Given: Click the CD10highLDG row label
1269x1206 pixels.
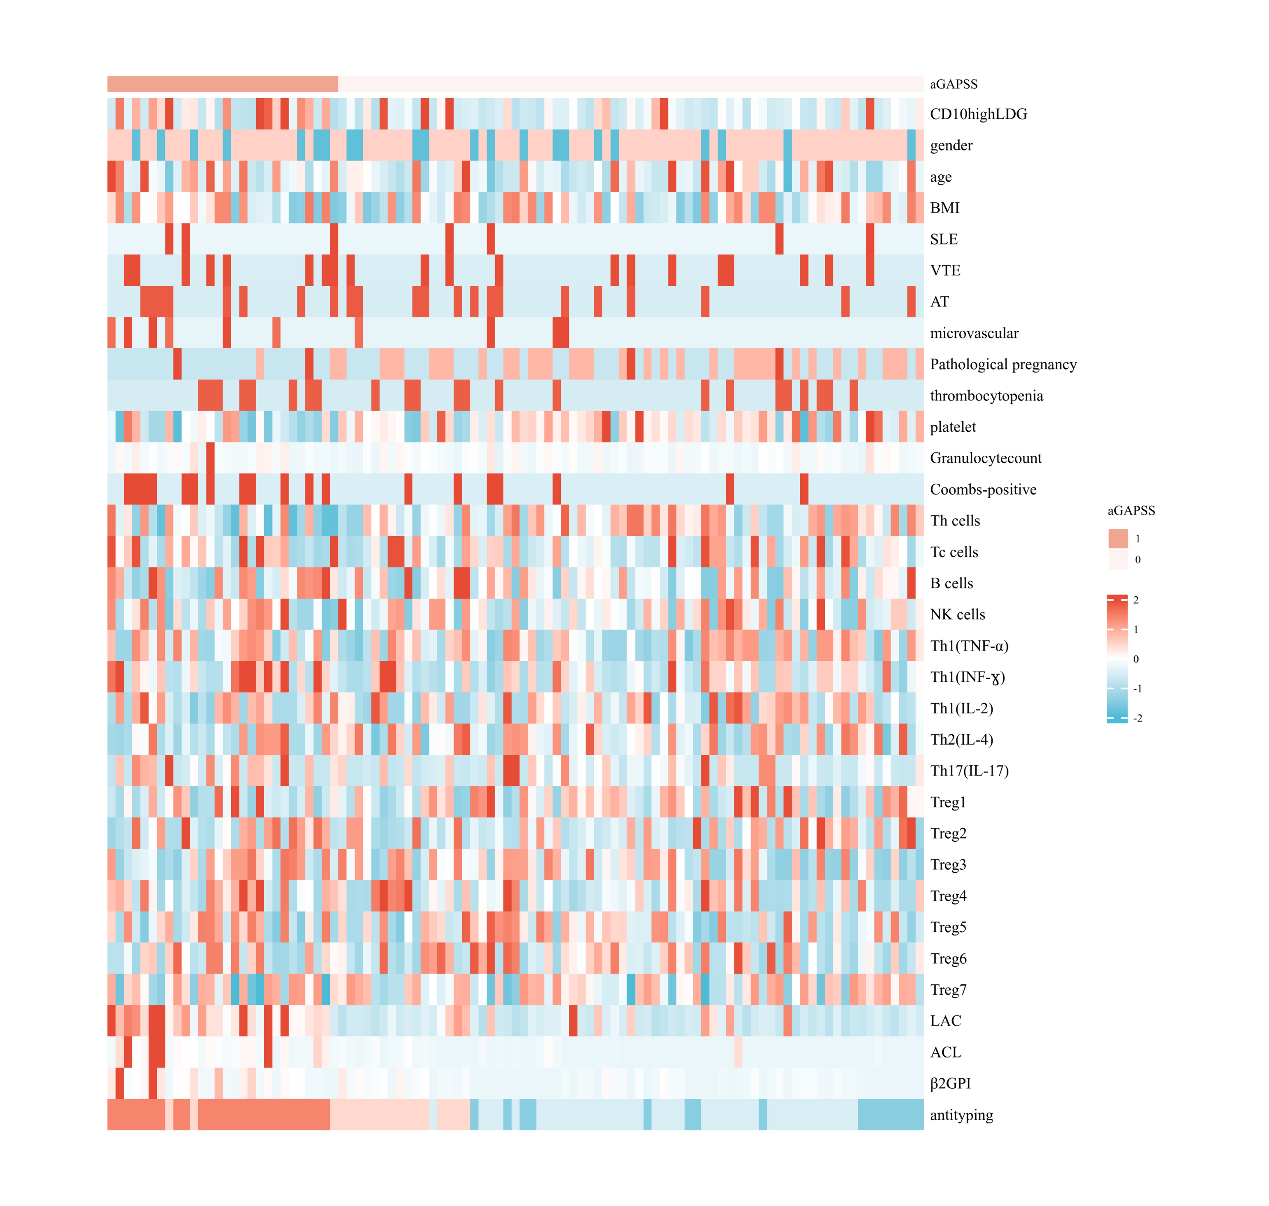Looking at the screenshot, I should coord(978,114).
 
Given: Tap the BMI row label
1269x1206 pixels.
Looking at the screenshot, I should coord(944,208).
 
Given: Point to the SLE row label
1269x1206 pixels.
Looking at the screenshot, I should coord(944,239).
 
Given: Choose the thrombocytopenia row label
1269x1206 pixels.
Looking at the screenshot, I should coord(986,396).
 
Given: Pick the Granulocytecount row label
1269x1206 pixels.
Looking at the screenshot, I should coord(986,458).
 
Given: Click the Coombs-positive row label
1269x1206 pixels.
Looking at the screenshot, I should coord(983,490).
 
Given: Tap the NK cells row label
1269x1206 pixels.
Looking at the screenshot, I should coord(957,615).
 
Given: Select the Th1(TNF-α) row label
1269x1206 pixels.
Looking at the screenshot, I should coord(969,646).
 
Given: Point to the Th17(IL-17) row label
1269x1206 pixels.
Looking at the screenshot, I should coord(969,771).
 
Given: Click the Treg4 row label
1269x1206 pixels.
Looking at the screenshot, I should coord(948,896).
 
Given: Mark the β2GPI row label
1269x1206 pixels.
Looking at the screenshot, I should coord(950,1084).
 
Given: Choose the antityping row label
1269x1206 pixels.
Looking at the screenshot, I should coord(961,1115).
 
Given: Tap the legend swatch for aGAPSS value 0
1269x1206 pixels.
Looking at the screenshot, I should coord(1118,559).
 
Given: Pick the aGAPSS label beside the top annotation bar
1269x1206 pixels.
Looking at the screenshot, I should coord(953,84).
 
